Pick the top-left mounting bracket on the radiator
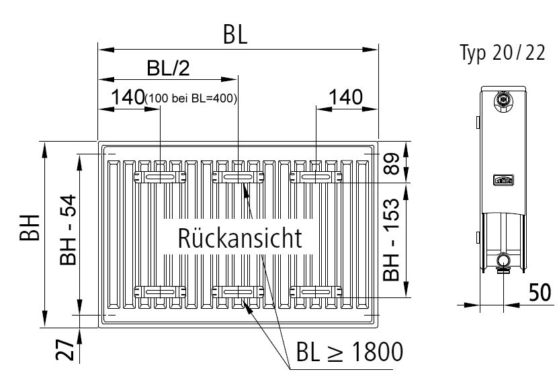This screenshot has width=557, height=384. [161, 177]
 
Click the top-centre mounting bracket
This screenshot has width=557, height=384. [239, 177]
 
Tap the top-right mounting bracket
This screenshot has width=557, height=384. [316, 177]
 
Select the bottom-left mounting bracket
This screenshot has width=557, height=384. [161, 291]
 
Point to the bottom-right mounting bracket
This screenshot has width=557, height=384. [316, 291]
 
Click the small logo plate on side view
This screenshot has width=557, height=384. [503, 180]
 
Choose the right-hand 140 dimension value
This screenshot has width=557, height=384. [343, 97]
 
